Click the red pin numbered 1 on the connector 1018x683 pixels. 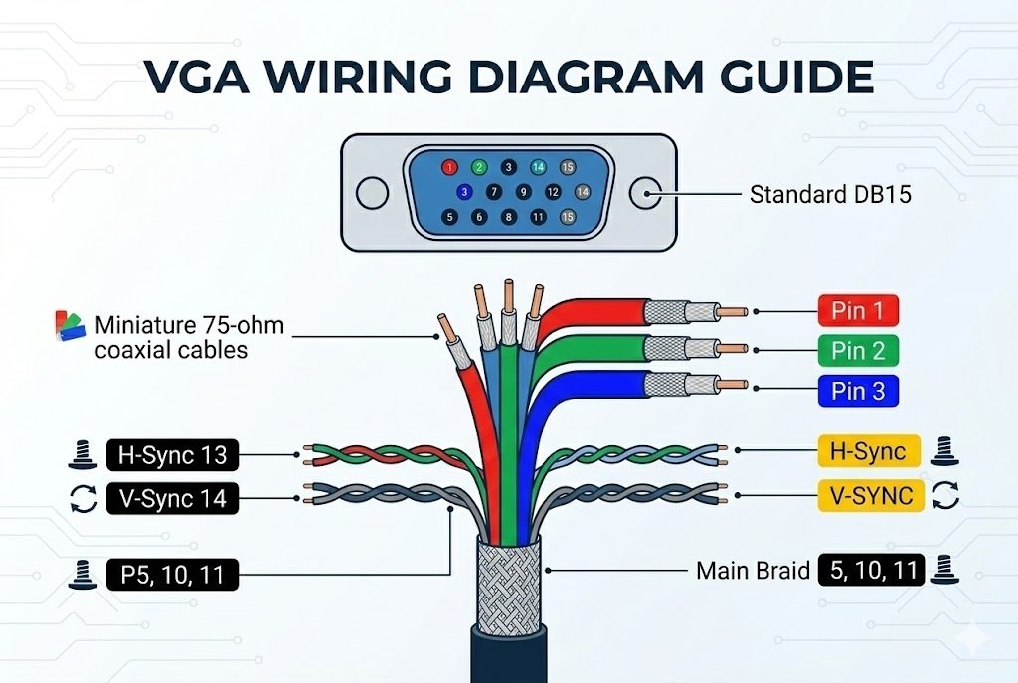(x=449, y=168)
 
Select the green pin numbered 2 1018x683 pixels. (x=479, y=168)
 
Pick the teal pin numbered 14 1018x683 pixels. (x=539, y=168)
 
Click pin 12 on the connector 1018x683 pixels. (x=553, y=192)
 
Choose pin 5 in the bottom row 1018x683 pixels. (x=450, y=216)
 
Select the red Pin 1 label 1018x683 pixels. (x=857, y=311)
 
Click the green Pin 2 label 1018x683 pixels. (x=857, y=350)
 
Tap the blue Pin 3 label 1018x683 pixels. (x=857, y=391)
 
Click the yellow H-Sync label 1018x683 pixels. (x=868, y=452)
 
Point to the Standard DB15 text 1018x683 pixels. (x=830, y=194)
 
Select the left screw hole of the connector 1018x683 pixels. (x=372, y=193)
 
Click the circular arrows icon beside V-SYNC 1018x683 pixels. (x=945, y=495)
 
